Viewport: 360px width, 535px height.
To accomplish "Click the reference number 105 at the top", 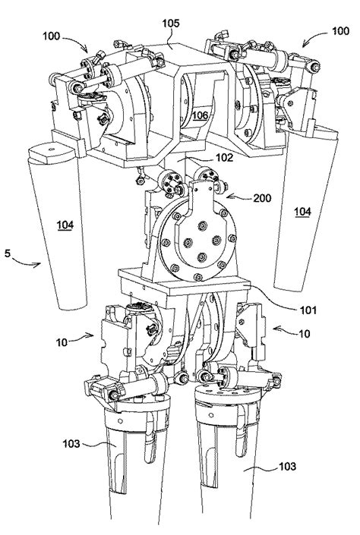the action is (x=170, y=24).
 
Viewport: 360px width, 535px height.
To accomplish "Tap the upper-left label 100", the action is (x=51, y=36).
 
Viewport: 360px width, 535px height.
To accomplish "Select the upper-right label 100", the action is (x=340, y=31).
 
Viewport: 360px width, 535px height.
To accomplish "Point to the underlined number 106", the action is (x=200, y=115).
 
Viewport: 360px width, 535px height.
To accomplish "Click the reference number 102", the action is (x=225, y=157).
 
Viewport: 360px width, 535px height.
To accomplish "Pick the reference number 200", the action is (x=262, y=198).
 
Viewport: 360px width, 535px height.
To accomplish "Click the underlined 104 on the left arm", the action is (x=65, y=225).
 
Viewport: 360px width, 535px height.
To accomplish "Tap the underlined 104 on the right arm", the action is (x=302, y=212).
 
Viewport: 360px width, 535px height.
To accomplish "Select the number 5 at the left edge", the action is (x=7, y=253).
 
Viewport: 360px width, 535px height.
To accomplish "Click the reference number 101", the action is (x=308, y=310).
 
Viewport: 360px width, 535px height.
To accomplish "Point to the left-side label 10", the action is (x=62, y=342).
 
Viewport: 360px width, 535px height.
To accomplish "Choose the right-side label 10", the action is (x=304, y=333).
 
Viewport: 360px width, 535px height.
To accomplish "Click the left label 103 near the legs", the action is (x=71, y=444).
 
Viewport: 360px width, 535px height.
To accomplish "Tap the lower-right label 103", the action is (x=288, y=466).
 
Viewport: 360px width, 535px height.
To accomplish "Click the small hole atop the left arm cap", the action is (x=51, y=149).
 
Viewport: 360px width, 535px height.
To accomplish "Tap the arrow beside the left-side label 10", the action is (x=82, y=338).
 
